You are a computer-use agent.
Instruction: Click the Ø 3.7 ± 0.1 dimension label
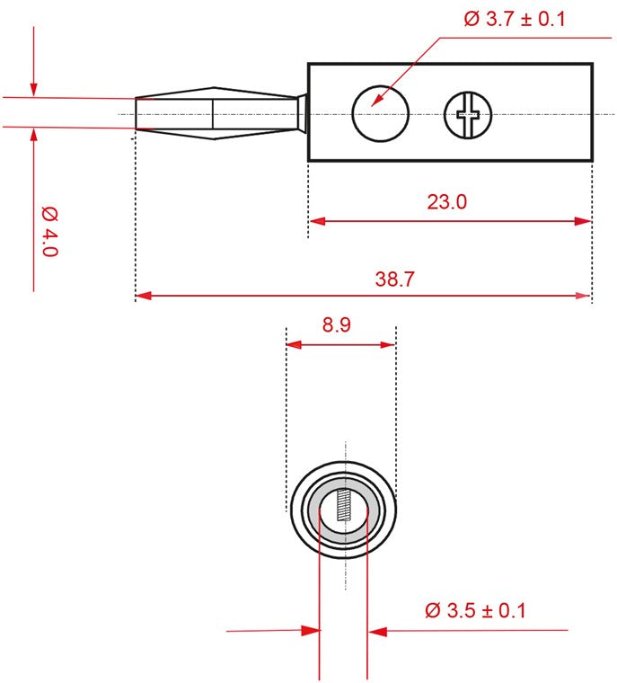click(x=515, y=18)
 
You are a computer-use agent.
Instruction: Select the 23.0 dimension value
click(x=446, y=202)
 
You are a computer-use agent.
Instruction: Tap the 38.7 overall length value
click(x=394, y=279)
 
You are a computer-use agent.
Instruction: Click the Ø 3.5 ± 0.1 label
click(x=475, y=611)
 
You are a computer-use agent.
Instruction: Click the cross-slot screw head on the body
click(x=469, y=114)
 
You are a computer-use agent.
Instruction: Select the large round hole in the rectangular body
click(x=380, y=114)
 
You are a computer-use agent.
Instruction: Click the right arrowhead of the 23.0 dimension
click(x=584, y=221)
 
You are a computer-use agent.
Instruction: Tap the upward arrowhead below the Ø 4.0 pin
click(x=33, y=135)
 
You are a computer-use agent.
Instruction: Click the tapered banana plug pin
click(x=216, y=114)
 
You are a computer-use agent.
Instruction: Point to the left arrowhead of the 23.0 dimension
click(x=316, y=221)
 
